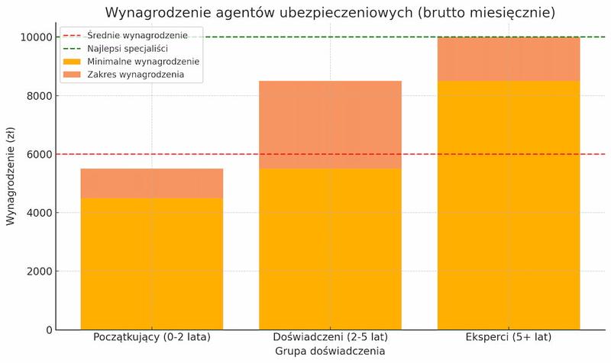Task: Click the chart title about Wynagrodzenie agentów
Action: point(330,12)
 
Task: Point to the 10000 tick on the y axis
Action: point(36,37)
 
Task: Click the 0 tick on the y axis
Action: point(48,330)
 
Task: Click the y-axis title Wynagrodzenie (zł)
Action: point(11,183)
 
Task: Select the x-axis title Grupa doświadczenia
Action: point(330,352)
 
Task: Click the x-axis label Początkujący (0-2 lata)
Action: point(152,337)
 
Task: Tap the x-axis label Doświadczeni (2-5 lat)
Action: point(330,337)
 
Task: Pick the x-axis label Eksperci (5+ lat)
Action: point(509,337)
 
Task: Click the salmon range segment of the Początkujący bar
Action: point(152,183)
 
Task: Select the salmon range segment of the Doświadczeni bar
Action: point(330,124)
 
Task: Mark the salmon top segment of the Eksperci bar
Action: point(509,59)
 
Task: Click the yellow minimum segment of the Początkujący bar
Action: point(152,264)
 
